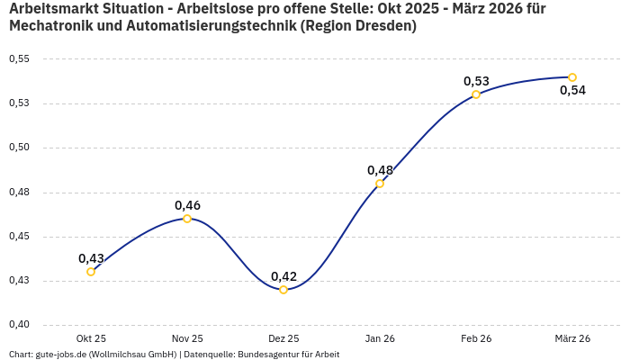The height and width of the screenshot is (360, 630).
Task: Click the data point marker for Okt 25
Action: (91, 272)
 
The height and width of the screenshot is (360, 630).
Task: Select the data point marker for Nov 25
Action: (187, 219)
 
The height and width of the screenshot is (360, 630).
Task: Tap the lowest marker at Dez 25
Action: (283, 290)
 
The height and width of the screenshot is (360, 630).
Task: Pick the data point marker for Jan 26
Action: (380, 184)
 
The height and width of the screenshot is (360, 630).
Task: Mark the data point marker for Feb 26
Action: (476, 94)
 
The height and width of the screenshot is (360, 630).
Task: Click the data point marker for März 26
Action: (572, 77)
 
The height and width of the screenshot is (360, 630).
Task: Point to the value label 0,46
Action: (187, 205)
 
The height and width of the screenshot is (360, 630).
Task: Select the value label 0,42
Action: (283, 276)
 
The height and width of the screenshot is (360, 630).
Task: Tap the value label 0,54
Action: (572, 90)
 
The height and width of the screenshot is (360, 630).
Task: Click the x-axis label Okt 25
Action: (91, 338)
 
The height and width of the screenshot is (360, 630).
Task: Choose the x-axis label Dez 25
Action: (283, 338)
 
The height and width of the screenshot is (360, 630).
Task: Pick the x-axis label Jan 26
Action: (380, 338)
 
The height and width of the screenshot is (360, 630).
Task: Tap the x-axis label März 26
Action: (572, 338)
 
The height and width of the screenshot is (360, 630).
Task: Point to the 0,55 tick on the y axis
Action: (19, 59)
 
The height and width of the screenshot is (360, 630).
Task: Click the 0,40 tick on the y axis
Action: (19, 325)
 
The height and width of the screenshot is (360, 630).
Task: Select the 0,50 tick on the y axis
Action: (19, 148)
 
